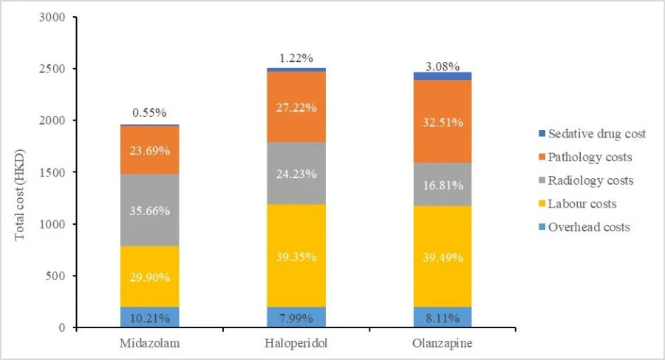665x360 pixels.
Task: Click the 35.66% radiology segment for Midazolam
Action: point(150,210)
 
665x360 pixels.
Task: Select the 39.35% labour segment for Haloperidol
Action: point(296,256)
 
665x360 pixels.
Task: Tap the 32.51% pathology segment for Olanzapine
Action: point(443,121)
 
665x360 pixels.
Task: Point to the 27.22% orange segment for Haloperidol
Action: point(296,107)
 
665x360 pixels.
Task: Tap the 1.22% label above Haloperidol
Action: point(296,57)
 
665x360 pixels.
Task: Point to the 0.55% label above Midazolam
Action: point(150,114)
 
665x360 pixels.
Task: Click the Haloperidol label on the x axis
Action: point(296,345)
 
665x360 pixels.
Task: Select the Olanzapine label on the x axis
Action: point(443,345)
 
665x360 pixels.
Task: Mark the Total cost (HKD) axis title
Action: point(21,171)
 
